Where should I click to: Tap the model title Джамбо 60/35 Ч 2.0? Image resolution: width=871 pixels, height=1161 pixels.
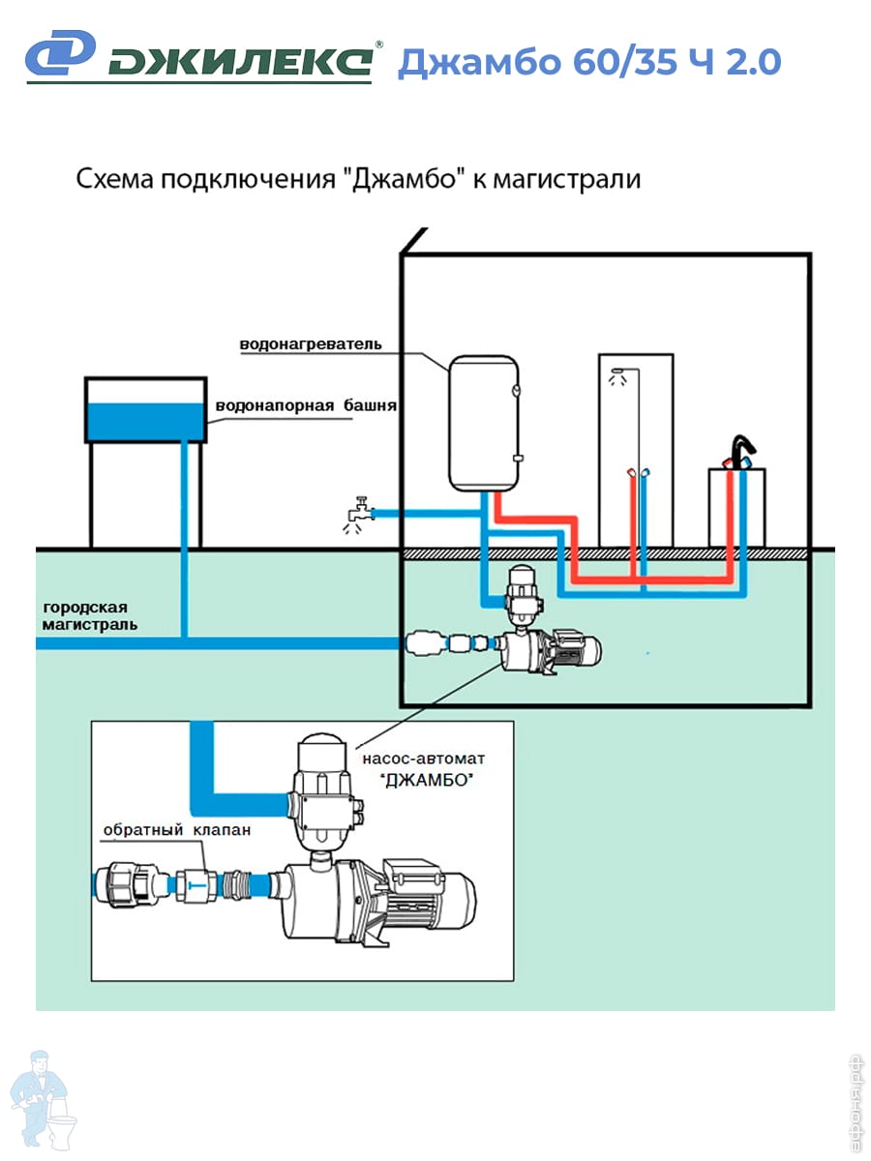pos(588,62)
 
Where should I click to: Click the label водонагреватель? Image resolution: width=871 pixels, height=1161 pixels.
pos(311,344)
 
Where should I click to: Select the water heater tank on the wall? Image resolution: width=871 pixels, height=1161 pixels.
pos(484,421)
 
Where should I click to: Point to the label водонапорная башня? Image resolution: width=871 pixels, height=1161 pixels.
pos(306,405)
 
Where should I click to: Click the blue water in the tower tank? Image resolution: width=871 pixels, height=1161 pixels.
pos(145,420)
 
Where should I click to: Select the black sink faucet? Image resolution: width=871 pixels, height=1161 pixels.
pos(741,452)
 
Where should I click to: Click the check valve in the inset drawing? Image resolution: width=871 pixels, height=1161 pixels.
pos(196,883)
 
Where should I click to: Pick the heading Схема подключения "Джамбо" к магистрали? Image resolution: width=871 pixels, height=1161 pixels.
pos(358,180)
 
